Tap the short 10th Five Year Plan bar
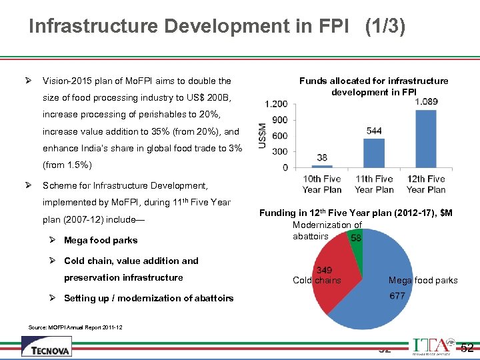pos(322,166)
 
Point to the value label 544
pos(374,131)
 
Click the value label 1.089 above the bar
pos(426,101)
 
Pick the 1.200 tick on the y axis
pos(277,104)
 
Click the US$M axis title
pos(263,136)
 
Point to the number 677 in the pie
pos(397,296)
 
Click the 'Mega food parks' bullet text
pos(101,240)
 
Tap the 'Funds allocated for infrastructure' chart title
pos(373,81)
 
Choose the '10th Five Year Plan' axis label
pos(322,184)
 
